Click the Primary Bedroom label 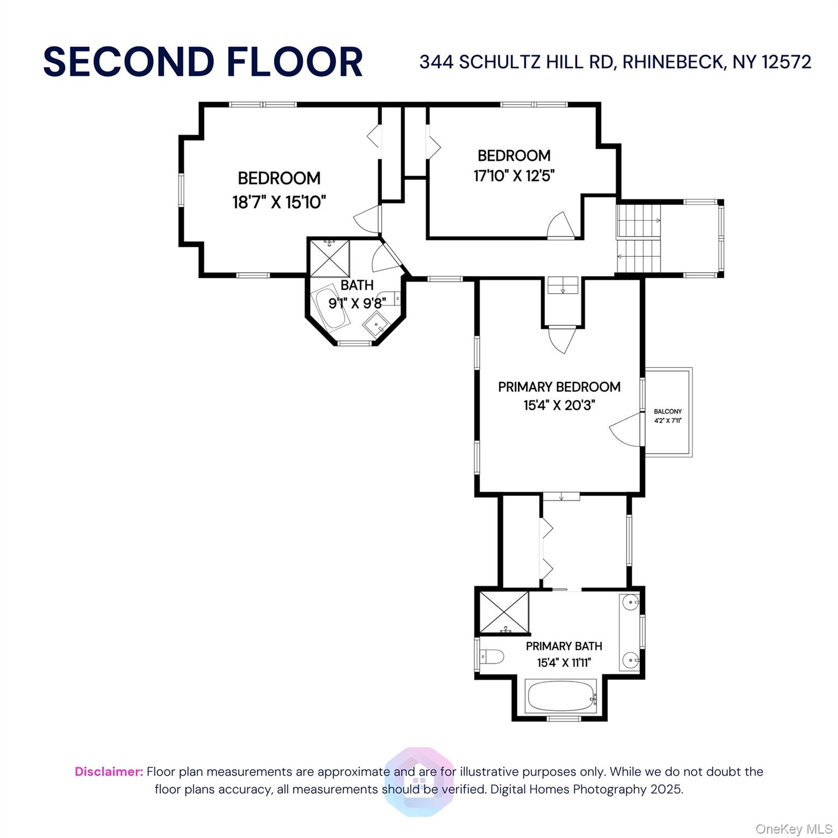point(559,387)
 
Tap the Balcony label point(668,411)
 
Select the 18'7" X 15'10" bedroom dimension point(279,202)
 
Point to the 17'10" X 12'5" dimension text point(514,176)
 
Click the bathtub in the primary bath point(561,696)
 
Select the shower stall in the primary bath point(504,612)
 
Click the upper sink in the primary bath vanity point(631,602)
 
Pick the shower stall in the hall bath point(330,258)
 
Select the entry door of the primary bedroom point(562,338)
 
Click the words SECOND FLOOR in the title point(203,62)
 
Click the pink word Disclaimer point(109,771)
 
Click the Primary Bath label point(564,646)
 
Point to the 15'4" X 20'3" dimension point(559,405)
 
